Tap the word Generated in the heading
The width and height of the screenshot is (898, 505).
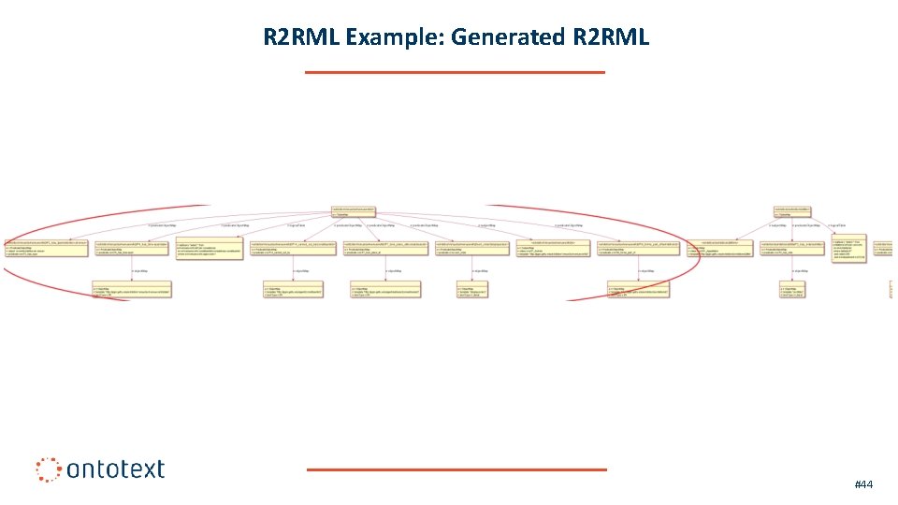coord(507,37)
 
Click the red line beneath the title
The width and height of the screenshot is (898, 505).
coord(455,72)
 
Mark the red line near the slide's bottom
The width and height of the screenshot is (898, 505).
coord(456,469)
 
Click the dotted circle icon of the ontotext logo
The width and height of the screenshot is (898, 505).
coord(48,469)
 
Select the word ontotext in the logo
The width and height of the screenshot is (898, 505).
coord(115,469)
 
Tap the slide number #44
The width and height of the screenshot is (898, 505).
coord(862,484)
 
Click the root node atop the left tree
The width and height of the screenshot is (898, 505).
coord(354,211)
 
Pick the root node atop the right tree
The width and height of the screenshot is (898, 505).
coord(791,211)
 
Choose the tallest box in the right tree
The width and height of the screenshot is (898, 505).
coord(848,249)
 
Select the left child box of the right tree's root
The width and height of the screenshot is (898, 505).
coord(719,248)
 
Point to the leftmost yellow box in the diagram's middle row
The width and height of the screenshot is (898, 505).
coord(46,248)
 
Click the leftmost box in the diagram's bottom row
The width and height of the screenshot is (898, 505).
coord(131,291)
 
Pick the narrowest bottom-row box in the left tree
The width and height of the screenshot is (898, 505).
coord(471,291)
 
